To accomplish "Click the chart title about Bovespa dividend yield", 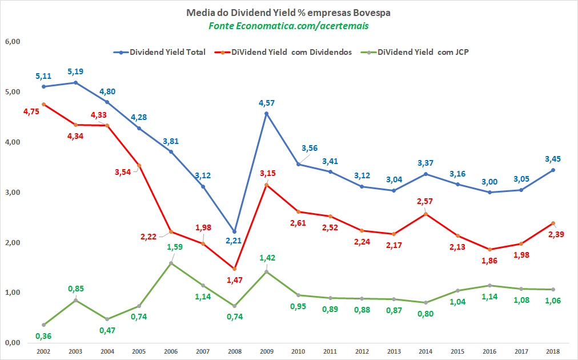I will (x=288, y=12).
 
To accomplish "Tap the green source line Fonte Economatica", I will (x=288, y=26).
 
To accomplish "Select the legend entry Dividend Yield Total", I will (x=163, y=52).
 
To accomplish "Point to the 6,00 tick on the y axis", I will (x=13, y=42).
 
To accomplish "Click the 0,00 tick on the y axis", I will (x=13, y=343).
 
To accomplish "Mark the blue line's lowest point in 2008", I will (x=234, y=231).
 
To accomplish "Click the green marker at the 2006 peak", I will (x=171, y=263).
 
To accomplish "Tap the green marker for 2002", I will (x=43, y=325).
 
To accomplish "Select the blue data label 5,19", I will (x=77, y=72).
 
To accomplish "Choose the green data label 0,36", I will (x=43, y=336).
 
